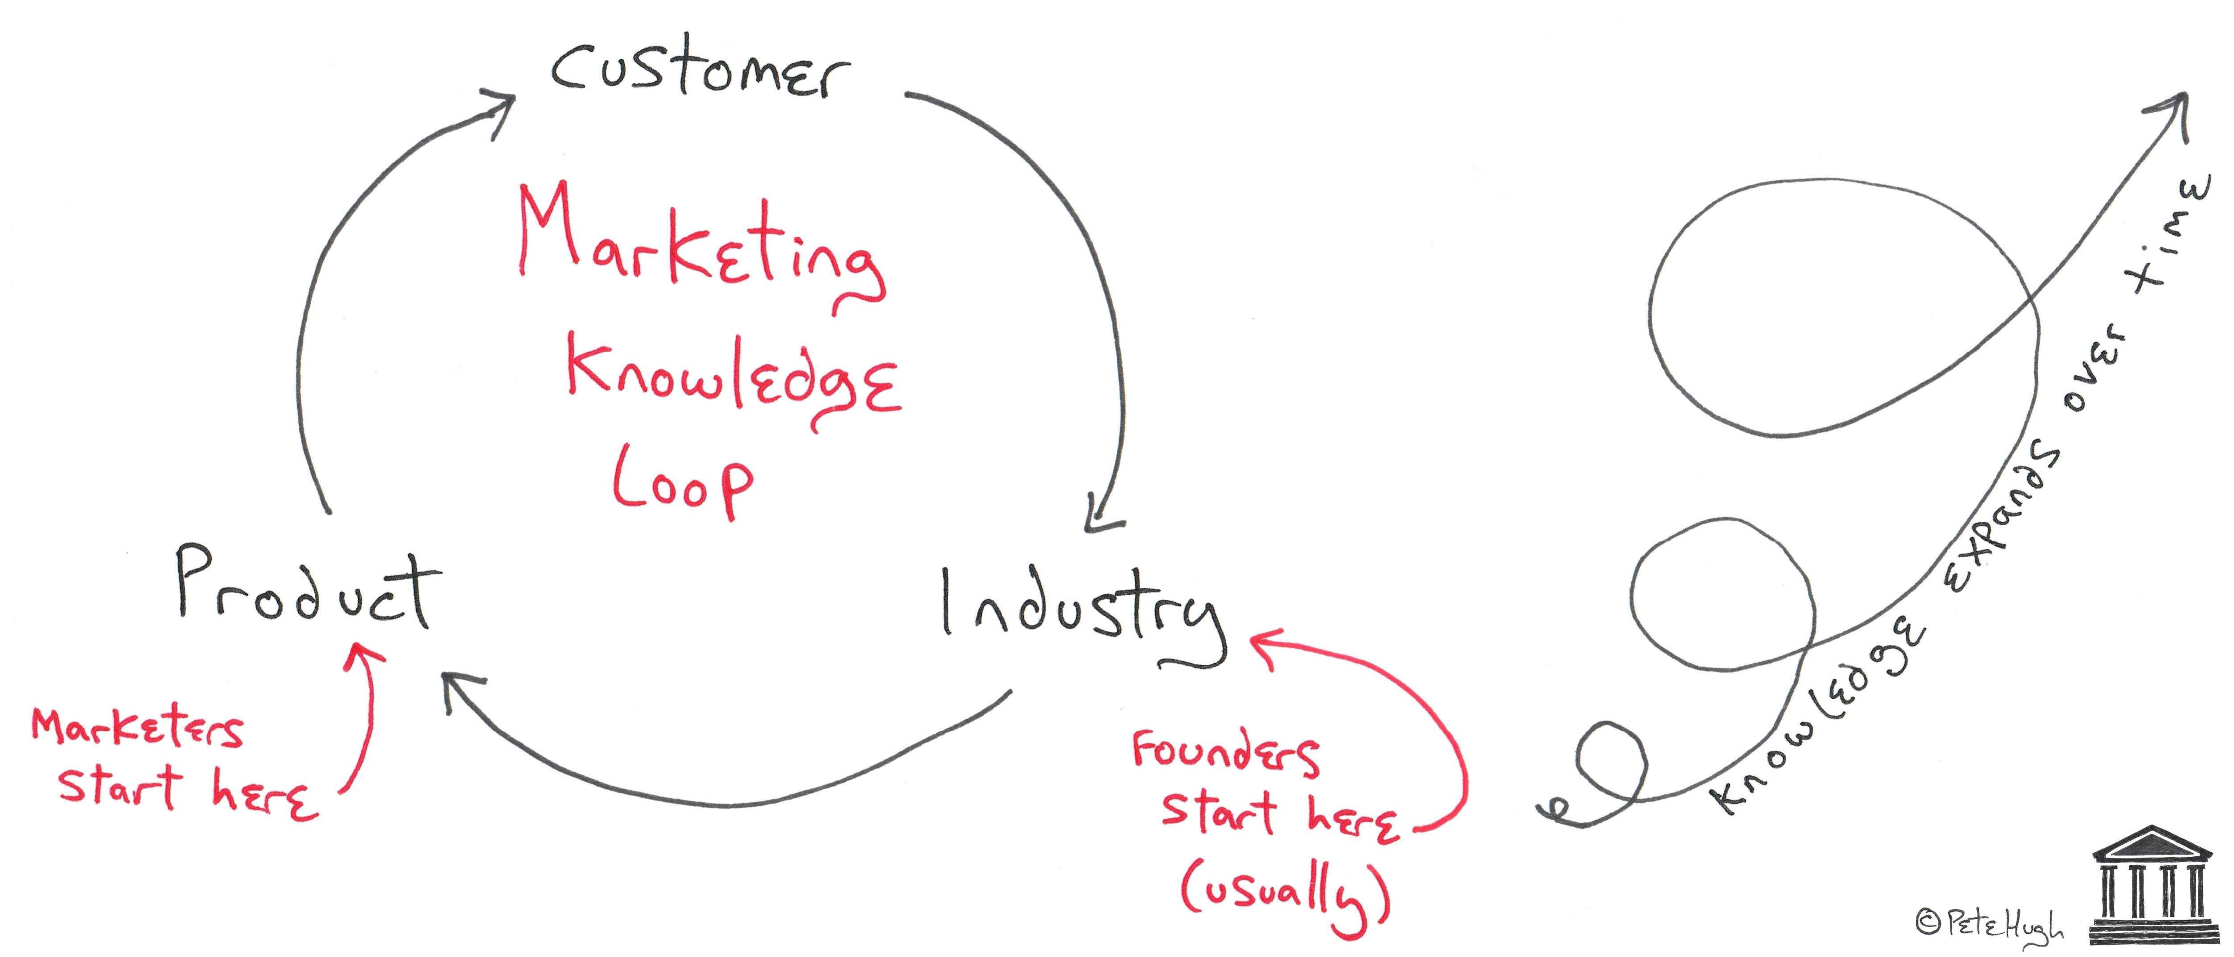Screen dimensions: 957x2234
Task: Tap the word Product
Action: (x=308, y=587)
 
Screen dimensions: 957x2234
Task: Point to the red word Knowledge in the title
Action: (x=733, y=382)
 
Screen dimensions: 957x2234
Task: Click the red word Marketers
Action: (x=137, y=729)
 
